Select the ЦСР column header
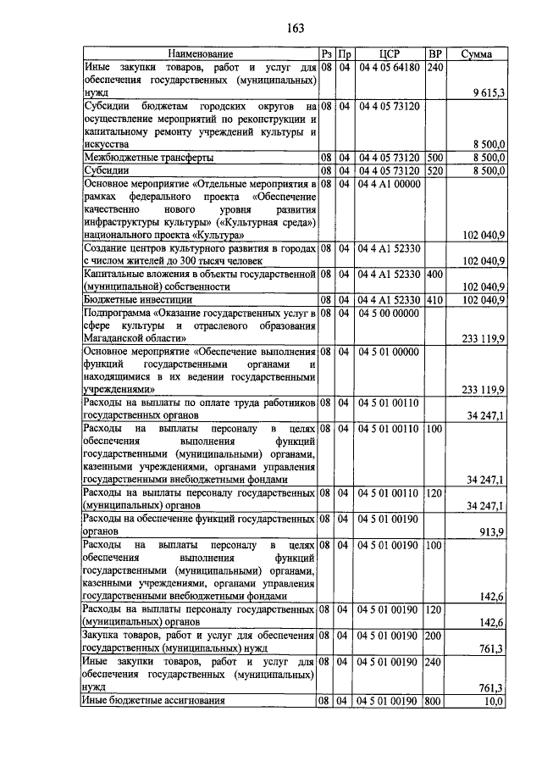coord(389,54)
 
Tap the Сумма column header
coord(477,54)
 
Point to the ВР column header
coord(435,54)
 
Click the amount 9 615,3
coord(487,92)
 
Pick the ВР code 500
coord(435,158)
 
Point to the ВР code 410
coord(435,299)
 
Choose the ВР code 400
coord(435,275)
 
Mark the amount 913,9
coord(491,531)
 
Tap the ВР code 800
coord(435,701)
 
